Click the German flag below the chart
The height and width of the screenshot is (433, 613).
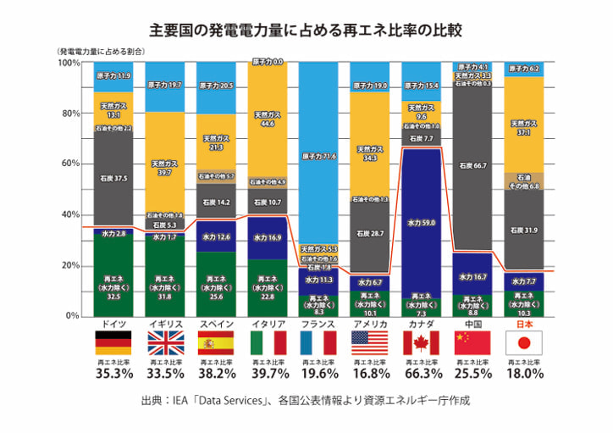coord(113,342)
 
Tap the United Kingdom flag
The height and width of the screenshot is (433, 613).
coord(165,342)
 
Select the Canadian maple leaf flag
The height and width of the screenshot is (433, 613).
coord(422,342)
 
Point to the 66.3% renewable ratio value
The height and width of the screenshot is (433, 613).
coord(422,374)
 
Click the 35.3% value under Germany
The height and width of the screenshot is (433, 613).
coord(113,374)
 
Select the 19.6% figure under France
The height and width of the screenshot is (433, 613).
coord(319,374)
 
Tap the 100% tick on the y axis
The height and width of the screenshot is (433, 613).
coord(69,64)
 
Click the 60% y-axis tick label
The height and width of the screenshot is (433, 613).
coord(70,164)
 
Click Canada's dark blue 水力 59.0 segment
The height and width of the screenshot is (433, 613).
coord(422,224)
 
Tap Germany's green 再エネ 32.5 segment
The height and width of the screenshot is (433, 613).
coord(113,284)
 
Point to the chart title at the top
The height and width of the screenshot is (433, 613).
coord(306,31)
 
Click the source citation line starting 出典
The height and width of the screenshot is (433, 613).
coord(306,399)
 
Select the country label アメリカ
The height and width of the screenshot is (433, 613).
coord(370,325)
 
